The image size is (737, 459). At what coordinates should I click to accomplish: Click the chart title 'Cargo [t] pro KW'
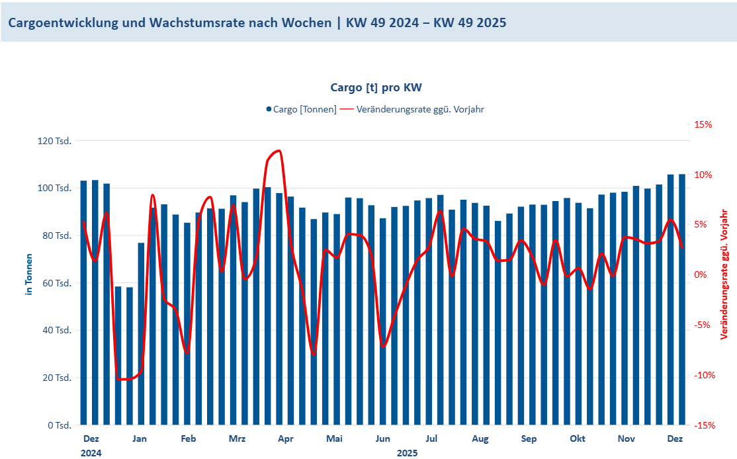pyautogui.click(x=376, y=87)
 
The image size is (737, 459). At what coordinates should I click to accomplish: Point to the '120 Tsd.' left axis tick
pyautogui.click(x=56, y=141)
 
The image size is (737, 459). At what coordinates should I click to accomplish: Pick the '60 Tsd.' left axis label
pyautogui.click(x=58, y=283)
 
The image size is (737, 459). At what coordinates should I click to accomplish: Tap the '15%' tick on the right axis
pyautogui.click(x=703, y=124)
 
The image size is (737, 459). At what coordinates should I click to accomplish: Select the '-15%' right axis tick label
pyautogui.click(x=704, y=425)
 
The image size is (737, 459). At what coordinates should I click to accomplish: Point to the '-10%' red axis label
pyautogui.click(x=704, y=375)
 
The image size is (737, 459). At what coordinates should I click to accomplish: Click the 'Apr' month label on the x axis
pyautogui.click(x=285, y=438)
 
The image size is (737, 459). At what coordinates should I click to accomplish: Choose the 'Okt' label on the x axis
pyautogui.click(x=578, y=438)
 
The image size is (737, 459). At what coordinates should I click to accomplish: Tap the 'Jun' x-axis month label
pyautogui.click(x=382, y=438)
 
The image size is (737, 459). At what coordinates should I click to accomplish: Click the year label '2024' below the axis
pyautogui.click(x=91, y=453)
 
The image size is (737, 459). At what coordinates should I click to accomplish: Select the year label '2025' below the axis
pyautogui.click(x=407, y=453)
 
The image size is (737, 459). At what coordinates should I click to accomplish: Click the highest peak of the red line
pyautogui.click(x=279, y=151)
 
